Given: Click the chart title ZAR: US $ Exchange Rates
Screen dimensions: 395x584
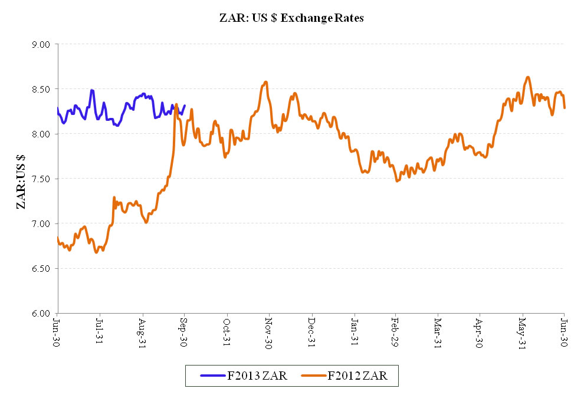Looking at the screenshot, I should pyautogui.click(x=291, y=18).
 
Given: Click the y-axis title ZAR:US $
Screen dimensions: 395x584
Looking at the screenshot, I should pyautogui.click(x=22, y=179).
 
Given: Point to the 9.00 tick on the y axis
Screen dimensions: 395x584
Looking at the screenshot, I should pyautogui.click(x=42, y=44).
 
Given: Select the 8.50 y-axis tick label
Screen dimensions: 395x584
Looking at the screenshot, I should pyautogui.click(x=42, y=89).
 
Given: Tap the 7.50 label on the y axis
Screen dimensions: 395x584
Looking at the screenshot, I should pyautogui.click(x=42, y=179).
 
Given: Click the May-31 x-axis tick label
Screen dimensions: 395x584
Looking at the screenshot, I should pyautogui.click(x=522, y=331).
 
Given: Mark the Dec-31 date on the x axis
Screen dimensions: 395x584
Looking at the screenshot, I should pyautogui.click(x=311, y=331).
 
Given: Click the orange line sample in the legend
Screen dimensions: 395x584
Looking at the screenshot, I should pyautogui.click(x=312, y=375).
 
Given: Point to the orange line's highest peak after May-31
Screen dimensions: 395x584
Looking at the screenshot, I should pyautogui.click(x=528, y=77).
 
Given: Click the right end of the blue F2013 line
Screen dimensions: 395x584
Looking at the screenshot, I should pyautogui.click(x=185, y=106).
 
